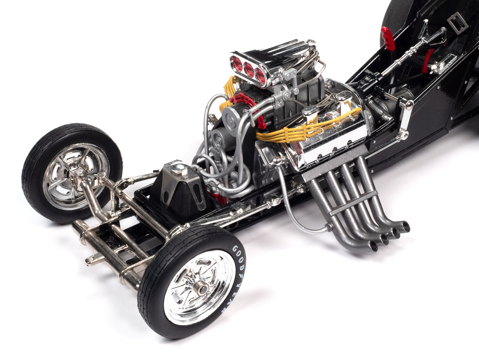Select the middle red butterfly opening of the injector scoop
(249, 70)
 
